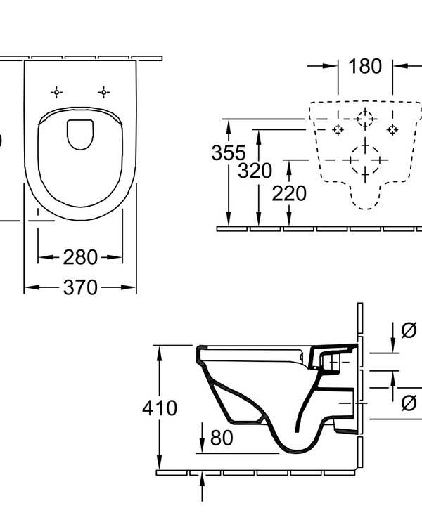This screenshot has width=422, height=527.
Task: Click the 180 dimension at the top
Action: click(x=365, y=67)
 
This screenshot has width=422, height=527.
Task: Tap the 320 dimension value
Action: click(x=254, y=171)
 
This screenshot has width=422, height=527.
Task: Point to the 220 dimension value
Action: click(x=289, y=193)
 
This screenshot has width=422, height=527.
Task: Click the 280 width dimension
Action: click(x=79, y=257)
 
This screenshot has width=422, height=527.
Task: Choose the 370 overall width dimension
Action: click(x=79, y=287)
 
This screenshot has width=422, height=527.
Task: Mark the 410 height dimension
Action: click(x=160, y=408)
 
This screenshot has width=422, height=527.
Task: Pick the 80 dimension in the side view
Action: click(x=221, y=438)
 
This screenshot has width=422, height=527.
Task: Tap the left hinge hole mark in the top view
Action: click(x=56, y=92)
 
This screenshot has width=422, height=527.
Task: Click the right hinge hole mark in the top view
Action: click(x=104, y=92)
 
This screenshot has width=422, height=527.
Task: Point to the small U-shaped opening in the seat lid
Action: click(x=80, y=134)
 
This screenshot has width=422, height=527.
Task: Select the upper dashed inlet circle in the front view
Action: click(x=365, y=119)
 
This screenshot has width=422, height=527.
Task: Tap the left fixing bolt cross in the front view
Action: click(x=338, y=129)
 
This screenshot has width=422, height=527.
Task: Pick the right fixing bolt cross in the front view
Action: click(x=393, y=129)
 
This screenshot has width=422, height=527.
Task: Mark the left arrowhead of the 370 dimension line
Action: click(x=29, y=287)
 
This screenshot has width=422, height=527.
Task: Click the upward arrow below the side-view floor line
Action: click(x=203, y=480)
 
